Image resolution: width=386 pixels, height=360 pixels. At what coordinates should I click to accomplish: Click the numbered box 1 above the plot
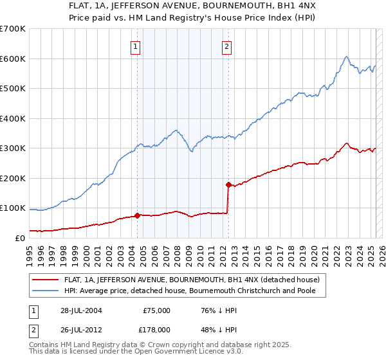click(136, 46)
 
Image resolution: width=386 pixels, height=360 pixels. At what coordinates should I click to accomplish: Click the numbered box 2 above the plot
click(228, 46)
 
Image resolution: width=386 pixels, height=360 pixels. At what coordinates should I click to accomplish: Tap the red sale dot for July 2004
click(137, 215)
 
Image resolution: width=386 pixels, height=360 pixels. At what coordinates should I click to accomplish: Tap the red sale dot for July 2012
click(228, 185)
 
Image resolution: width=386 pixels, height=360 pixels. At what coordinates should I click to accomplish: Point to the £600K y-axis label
click(12, 59)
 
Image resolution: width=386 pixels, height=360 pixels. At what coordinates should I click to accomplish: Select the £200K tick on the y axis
click(12, 179)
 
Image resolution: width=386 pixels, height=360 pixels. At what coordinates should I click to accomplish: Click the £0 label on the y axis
click(19, 239)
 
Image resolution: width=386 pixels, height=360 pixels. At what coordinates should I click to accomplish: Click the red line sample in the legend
click(46, 279)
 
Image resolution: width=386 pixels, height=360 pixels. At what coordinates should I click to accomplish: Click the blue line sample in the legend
click(46, 291)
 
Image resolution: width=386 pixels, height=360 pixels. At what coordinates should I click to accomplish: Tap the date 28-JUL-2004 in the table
click(79, 310)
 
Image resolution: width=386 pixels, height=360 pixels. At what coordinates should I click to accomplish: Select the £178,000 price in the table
click(156, 329)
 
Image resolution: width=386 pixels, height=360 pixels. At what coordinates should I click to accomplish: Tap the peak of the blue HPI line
click(346, 57)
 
